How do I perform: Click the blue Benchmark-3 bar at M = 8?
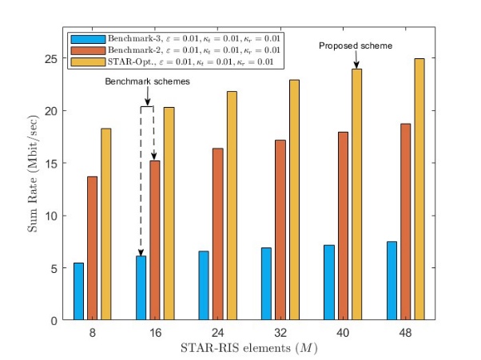(78, 291)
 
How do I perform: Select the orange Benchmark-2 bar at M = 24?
(218, 234)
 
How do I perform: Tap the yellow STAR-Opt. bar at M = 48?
(419, 189)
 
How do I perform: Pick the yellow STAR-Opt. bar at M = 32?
(294, 200)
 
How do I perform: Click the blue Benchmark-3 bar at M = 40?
(329, 283)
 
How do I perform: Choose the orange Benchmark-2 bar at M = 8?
(93, 248)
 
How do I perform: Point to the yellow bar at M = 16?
(169, 214)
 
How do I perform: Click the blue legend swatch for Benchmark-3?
(88, 39)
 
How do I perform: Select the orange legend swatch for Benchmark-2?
(88, 50)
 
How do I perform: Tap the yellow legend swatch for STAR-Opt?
(88, 62)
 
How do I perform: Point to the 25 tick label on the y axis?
(51, 58)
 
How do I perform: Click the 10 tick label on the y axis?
(51, 216)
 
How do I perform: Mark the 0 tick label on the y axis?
(54, 321)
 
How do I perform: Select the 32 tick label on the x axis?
(280, 332)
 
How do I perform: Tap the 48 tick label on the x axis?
(405, 332)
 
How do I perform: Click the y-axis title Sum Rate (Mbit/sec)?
(33, 174)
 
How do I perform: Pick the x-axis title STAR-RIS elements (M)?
(248, 348)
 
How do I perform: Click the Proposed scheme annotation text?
(356, 45)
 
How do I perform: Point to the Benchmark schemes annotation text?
(147, 81)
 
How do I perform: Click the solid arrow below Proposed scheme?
(356, 59)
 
